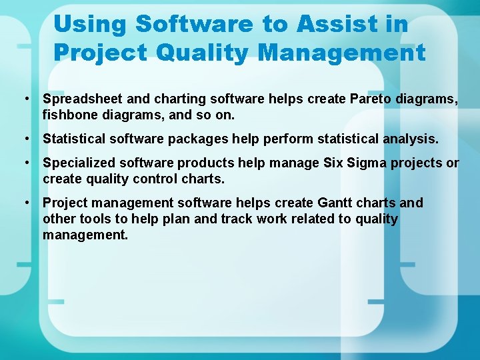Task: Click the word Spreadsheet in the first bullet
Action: tap(83, 99)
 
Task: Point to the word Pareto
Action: tap(369, 99)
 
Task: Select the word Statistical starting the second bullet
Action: tap(73, 139)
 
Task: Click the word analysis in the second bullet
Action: tap(410, 139)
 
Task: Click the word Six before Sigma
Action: tap(334, 163)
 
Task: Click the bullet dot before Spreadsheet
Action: tap(24, 99)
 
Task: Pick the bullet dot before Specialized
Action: tap(24, 163)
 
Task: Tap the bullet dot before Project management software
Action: tap(24, 203)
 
